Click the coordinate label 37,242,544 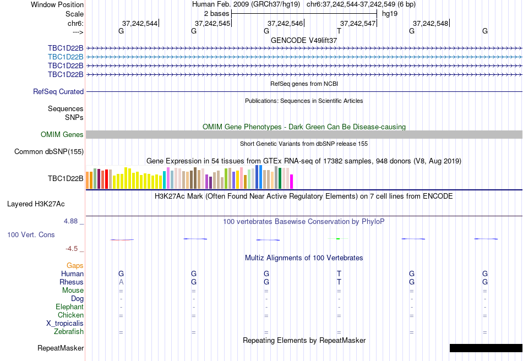point(139,23)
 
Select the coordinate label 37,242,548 point(430,23)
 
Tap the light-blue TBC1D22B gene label point(66,57)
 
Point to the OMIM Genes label point(62,134)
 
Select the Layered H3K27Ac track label point(36,204)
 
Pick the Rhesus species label point(72,282)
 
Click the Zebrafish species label point(69,332)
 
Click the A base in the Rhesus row point(121,282)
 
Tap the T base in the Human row point(339,274)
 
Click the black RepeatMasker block point(486,348)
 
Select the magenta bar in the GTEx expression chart point(292,182)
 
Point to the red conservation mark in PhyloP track point(122,240)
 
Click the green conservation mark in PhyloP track point(339,238)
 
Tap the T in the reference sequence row point(339,31)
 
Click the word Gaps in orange point(75,266)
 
